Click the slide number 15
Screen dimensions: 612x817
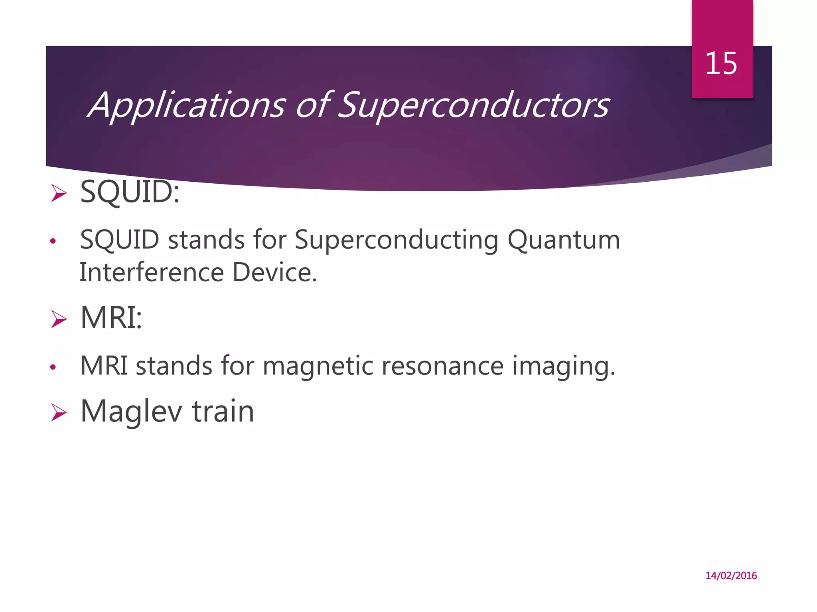click(721, 64)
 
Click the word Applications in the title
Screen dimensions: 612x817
click(187, 105)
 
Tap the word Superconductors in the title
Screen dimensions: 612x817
click(474, 105)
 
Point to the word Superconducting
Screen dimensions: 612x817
click(396, 240)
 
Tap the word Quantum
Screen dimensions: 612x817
click(564, 240)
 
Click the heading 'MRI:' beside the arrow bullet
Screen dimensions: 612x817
click(111, 318)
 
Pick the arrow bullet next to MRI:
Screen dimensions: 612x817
click(59, 320)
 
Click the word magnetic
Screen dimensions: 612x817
click(318, 366)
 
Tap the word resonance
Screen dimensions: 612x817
click(442, 366)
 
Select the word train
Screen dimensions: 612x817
click(223, 412)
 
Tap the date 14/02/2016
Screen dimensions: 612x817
click(731, 576)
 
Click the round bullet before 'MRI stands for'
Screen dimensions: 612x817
click(53, 367)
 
